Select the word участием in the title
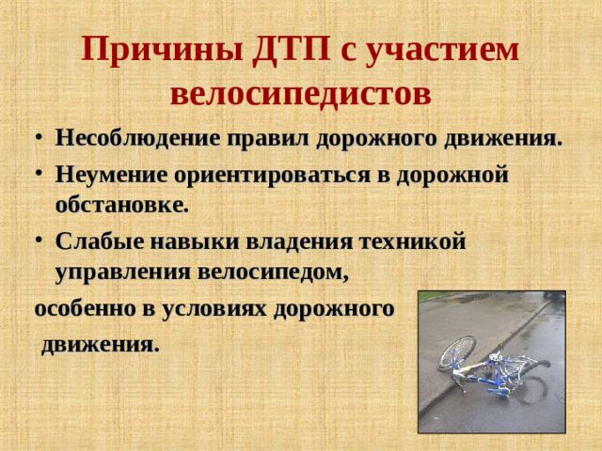(x=449, y=50)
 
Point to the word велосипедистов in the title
(x=301, y=93)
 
